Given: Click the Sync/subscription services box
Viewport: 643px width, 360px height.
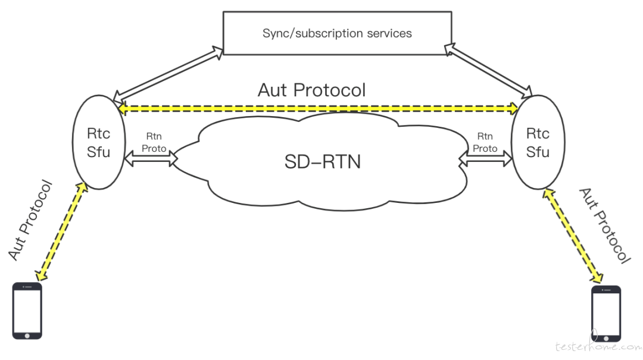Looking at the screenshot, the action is coord(337,33).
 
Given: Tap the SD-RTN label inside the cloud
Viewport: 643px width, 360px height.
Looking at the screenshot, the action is coord(323,162).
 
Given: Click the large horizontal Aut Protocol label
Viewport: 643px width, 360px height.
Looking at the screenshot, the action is coord(311,90).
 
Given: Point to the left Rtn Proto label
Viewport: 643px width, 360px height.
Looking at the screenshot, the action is coord(154,142).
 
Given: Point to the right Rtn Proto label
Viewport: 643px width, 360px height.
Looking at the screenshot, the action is coord(485,142).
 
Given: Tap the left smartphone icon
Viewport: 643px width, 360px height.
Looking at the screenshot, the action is coord(27,311).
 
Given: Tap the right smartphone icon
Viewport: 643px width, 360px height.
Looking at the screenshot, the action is coord(606,314).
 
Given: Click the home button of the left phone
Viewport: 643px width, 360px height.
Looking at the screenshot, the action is coord(27,336).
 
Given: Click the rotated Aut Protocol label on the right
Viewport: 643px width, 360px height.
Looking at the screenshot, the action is coord(604,226).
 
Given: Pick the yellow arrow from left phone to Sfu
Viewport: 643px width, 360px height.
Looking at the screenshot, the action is coord(61,231).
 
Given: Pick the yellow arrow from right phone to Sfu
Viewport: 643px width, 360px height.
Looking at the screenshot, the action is coord(573,236).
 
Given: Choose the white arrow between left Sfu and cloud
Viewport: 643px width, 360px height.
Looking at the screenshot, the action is coord(151,159).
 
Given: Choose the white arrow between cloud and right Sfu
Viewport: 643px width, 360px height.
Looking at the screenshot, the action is coord(486,159).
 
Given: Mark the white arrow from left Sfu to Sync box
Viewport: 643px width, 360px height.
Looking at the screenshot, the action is coord(168,74).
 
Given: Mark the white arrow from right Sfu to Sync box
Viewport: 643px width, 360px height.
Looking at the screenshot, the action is coord(488,71).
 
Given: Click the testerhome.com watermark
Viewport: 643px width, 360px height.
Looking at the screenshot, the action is coord(599,346).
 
